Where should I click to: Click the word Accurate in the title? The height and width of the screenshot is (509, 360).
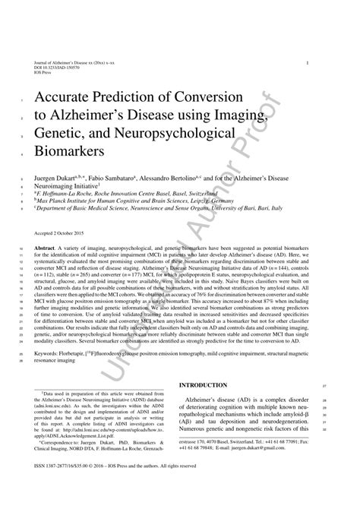coord(71,99)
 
